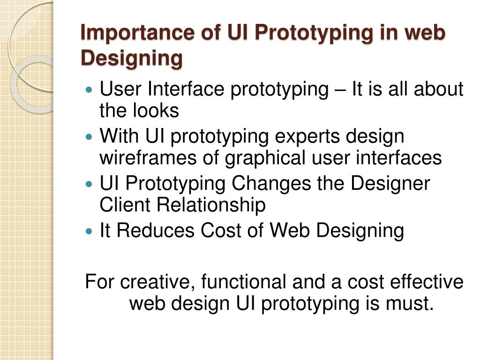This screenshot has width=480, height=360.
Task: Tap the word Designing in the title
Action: [x=131, y=59]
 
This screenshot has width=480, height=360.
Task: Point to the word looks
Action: [x=158, y=111]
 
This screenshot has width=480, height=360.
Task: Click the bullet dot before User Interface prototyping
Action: [x=90, y=89]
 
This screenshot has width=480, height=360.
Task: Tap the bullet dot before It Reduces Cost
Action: [x=90, y=231]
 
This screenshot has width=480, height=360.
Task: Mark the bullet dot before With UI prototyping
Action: [x=90, y=137]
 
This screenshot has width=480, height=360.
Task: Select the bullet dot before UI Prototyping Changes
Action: [x=90, y=184]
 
